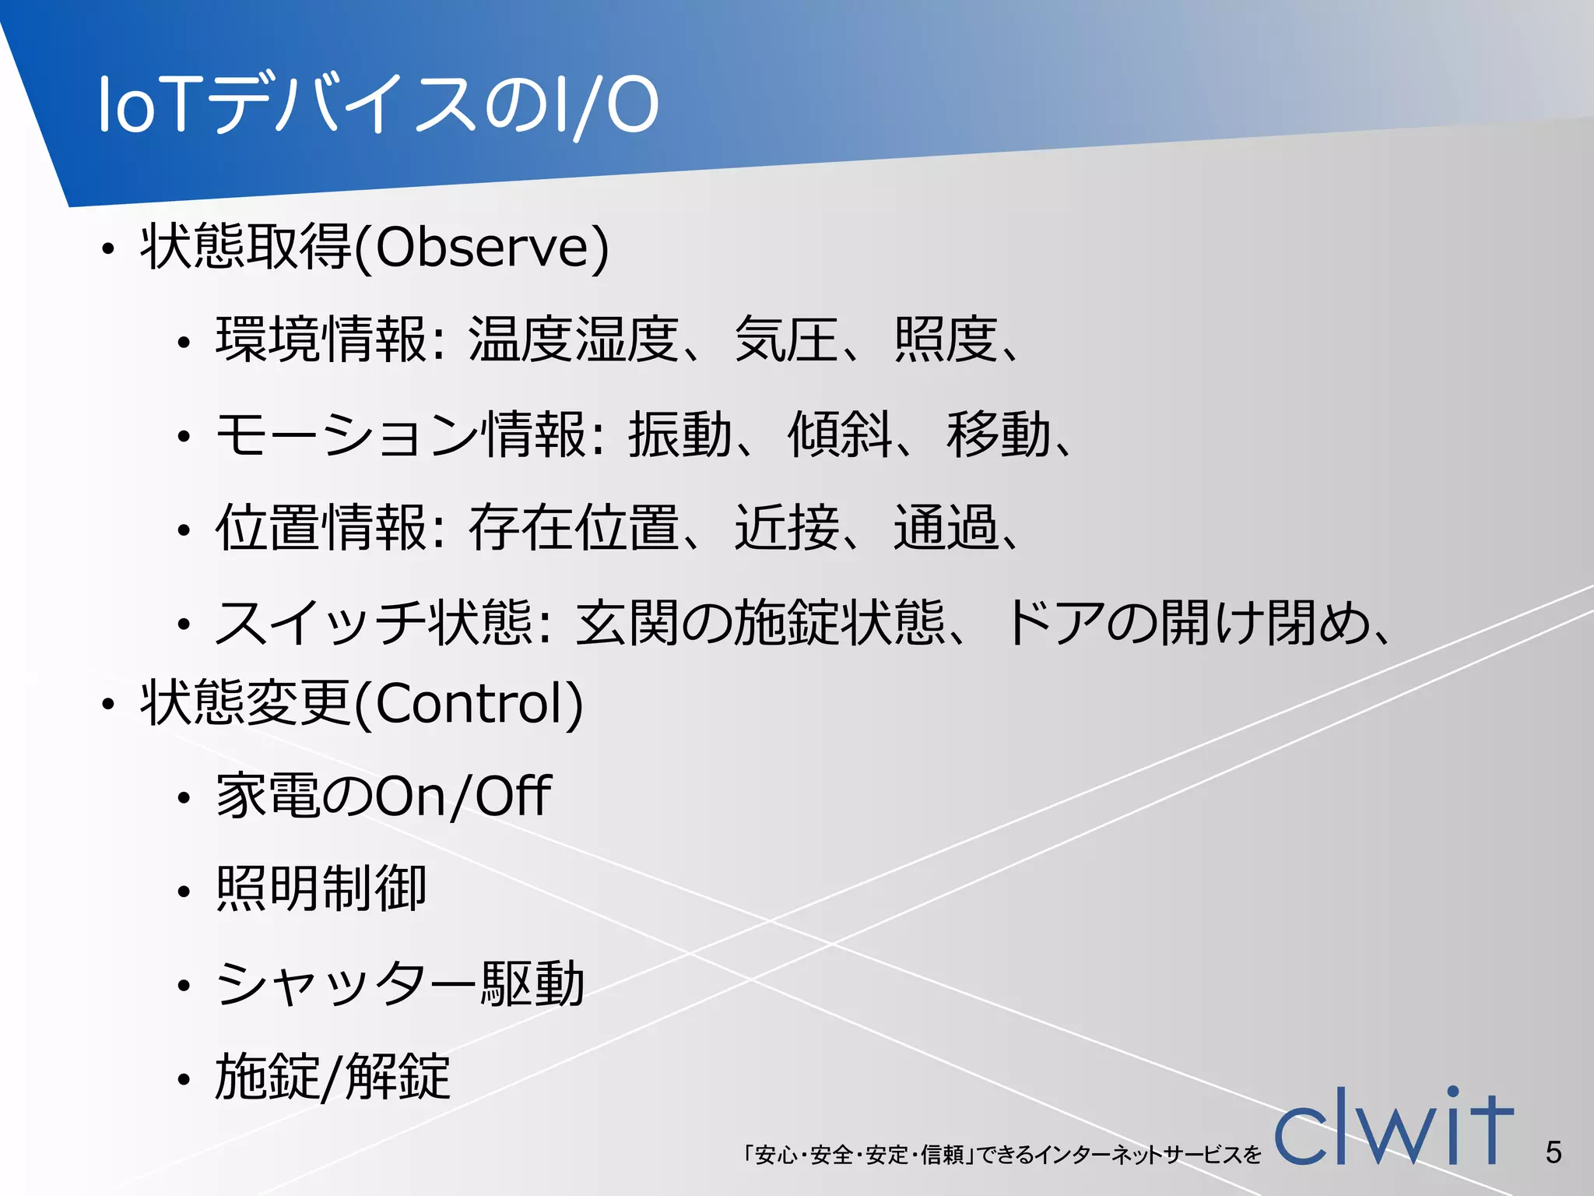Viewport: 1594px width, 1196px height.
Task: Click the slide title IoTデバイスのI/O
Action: [378, 104]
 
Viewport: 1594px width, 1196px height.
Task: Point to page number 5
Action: [1554, 1152]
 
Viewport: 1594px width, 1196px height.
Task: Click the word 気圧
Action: [786, 340]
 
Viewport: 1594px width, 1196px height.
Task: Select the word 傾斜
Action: [839, 434]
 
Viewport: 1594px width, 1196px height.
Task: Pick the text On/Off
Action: [464, 797]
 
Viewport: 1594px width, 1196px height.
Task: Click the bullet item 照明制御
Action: [321, 889]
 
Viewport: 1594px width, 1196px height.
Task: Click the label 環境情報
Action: [321, 340]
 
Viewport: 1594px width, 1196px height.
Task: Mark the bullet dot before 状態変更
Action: [107, 705]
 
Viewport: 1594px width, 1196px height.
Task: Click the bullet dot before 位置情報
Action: [184, 532]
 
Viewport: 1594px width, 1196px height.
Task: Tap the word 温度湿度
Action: [574, 340]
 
